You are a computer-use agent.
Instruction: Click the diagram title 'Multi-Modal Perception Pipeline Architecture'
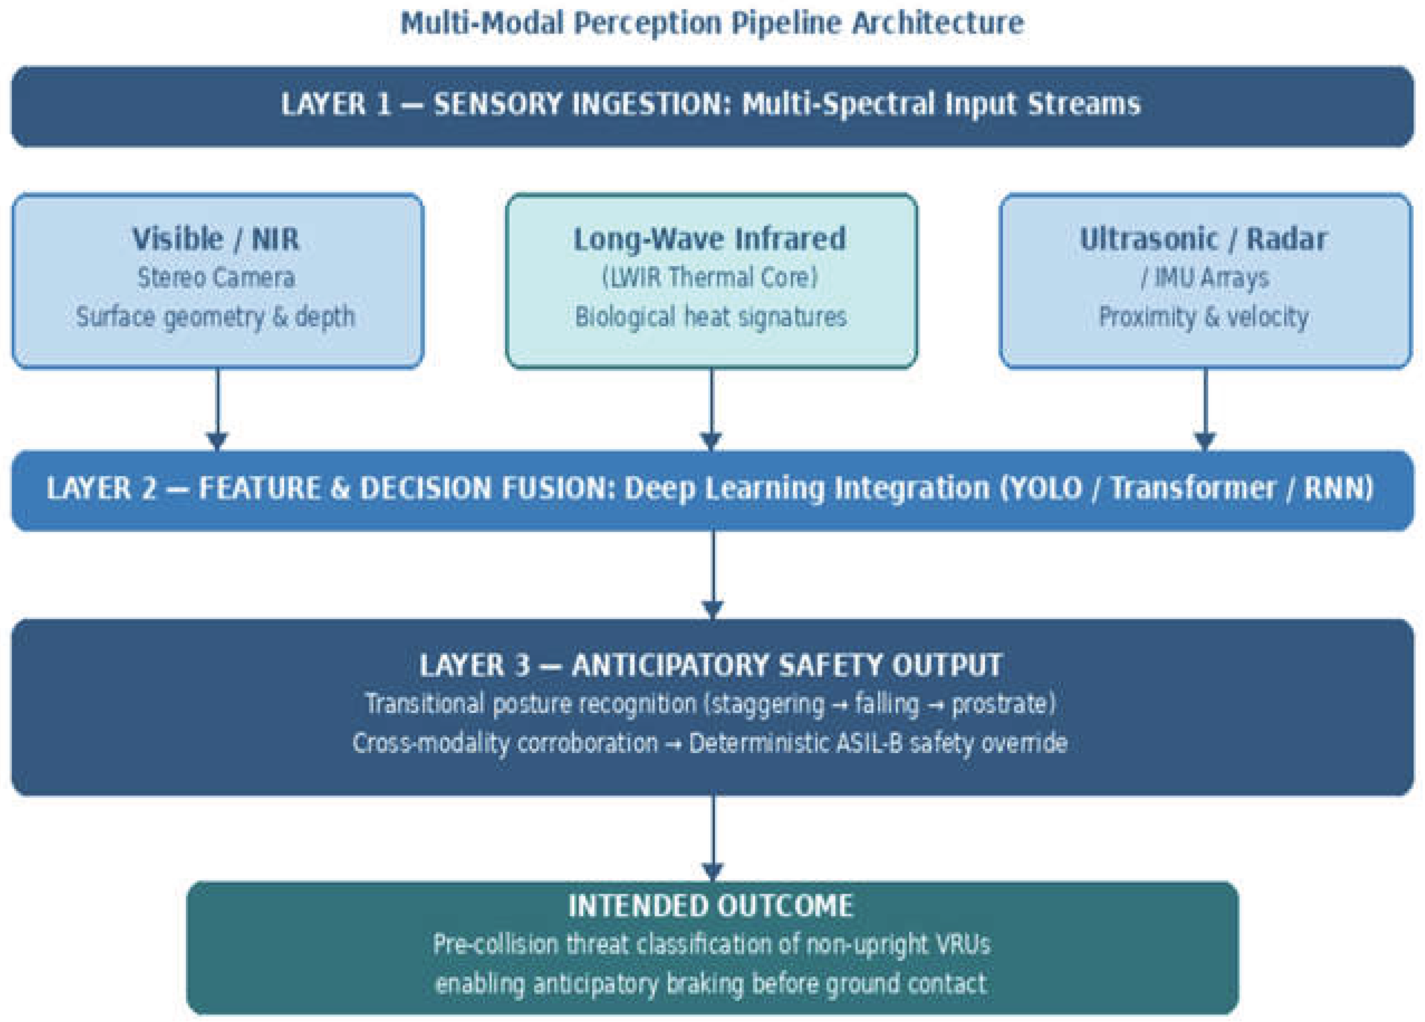click(712, 23)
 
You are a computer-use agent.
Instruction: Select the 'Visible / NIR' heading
click(215, 239)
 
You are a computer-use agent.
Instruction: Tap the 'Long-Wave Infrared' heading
click(710, 239)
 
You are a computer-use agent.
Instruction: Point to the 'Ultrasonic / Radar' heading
click(1204, 239)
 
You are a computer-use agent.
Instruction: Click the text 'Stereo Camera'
click(216, 278)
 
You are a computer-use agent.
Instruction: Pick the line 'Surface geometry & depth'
click(215, 317)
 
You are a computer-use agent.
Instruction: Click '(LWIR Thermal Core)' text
click(710, 278)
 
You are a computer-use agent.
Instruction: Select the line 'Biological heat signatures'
click(711, 317)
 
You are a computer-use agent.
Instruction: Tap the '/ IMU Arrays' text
click(1205, 278)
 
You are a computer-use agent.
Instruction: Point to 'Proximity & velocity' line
click(1204, 317)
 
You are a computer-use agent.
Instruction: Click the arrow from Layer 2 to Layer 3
click(712, 575)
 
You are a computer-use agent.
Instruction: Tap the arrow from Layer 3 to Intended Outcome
click(712, 838)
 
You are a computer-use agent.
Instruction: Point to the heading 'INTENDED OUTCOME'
click(711, 907)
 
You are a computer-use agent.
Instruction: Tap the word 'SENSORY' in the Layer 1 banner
click(498, 104)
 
